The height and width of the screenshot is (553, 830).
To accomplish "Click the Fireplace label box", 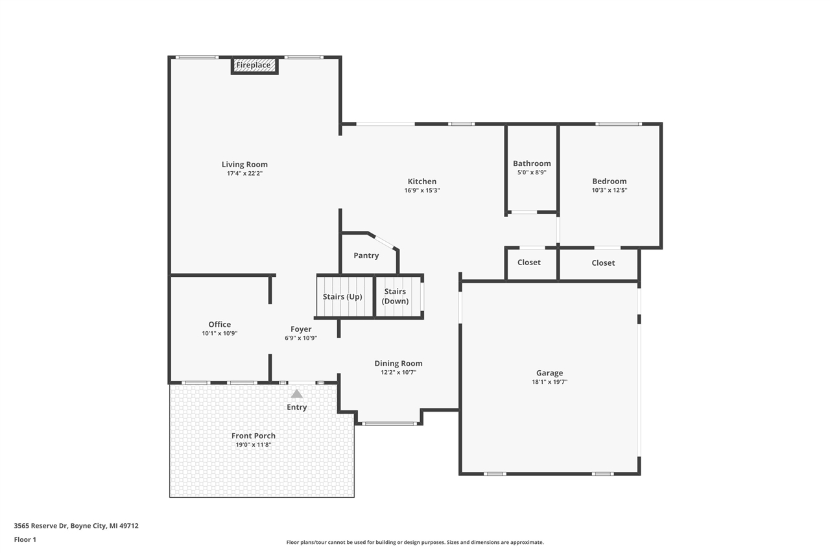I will coord(254,65).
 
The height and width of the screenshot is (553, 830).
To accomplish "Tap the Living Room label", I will coord(244,165).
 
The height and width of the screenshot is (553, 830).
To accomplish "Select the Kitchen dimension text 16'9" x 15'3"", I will coord(422,191).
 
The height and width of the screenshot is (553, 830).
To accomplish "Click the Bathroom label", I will coord(532,163).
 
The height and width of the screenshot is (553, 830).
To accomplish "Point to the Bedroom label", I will coord(609,182).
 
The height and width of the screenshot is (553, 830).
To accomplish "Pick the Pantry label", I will coord(366,255).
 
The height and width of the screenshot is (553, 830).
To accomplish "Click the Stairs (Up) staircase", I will coord(344,297).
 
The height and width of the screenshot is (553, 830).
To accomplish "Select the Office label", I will coord(219,324).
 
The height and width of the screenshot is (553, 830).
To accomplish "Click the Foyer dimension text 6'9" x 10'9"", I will coord(301,338).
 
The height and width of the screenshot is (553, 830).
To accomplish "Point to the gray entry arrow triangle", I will coord(296,394).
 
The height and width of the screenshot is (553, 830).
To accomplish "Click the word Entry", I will coord(297,407).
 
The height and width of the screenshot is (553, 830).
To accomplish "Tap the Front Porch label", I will coord(254,436).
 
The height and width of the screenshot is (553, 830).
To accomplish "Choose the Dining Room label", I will coord(398,364).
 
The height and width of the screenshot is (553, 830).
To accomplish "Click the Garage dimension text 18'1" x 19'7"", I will coord(549,382).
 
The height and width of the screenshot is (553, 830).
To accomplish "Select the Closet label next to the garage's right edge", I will coord(603,263).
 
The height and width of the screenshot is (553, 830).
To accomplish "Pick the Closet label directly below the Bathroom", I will coord(528,263).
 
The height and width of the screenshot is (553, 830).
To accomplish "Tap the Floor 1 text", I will coord(25,539).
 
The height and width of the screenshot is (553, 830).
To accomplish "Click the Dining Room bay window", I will coord(389,424).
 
